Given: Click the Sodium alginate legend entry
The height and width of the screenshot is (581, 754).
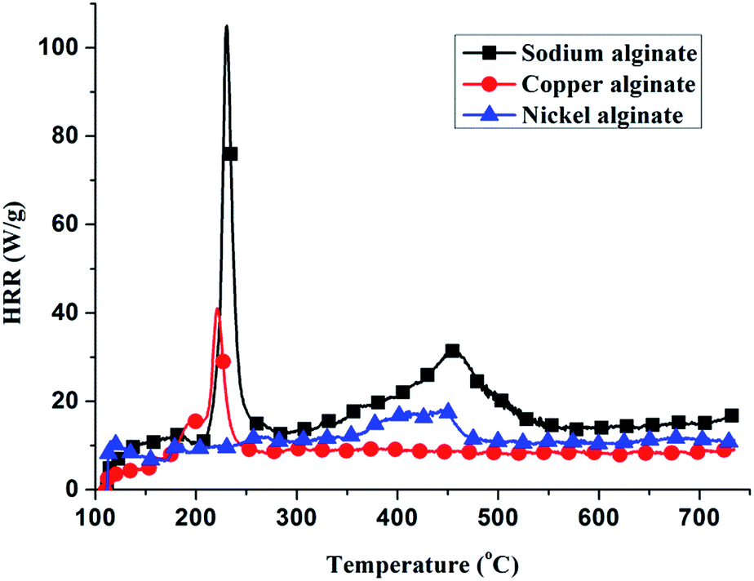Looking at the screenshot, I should coord(608,54).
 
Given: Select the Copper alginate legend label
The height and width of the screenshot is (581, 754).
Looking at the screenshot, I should coord(609,84).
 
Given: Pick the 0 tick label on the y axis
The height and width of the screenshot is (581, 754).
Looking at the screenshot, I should coord(73,490).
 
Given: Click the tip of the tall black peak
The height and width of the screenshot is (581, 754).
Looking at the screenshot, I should coord(226,26).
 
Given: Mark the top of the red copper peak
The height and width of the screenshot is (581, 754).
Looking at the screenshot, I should coord(217,308).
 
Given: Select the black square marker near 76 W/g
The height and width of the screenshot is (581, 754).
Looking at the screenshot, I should coord(231,153).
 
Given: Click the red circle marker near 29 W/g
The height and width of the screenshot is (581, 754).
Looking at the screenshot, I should coord(223,361).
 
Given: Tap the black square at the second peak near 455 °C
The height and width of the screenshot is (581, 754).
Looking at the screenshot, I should coord(452,351).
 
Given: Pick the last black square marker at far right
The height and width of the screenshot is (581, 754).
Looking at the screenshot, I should coord(731,415).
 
